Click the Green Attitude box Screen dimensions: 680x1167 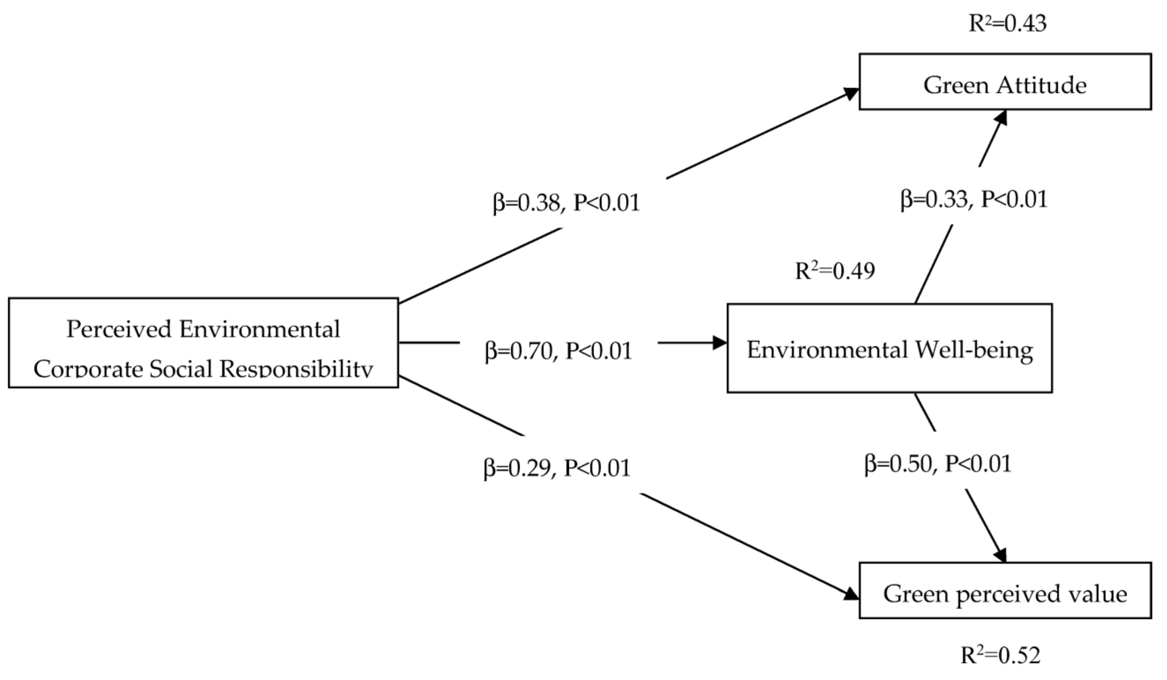1005,82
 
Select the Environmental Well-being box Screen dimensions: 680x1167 889,348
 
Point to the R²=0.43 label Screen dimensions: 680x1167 1007,23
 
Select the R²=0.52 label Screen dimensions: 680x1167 1000,655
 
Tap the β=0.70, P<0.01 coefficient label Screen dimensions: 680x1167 558,351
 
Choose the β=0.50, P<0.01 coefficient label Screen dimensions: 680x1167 938,463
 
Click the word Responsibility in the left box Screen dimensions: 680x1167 296,369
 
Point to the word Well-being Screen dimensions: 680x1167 974,350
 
